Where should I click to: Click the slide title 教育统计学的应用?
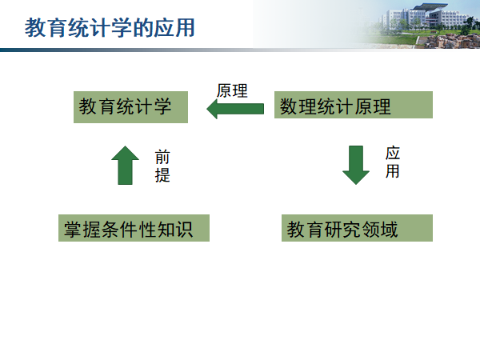(x=110, y=28)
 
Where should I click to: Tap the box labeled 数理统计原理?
(x=353, y=105)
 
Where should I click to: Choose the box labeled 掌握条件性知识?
(x=134, y=229)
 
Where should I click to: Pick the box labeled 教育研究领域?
(x=357, y=229)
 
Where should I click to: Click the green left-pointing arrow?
(x=235, y=109)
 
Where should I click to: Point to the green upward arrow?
(x=125, y=166)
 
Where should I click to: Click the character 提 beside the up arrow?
(x=162, y=175)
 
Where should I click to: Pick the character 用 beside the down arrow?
(x=392, y=171)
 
